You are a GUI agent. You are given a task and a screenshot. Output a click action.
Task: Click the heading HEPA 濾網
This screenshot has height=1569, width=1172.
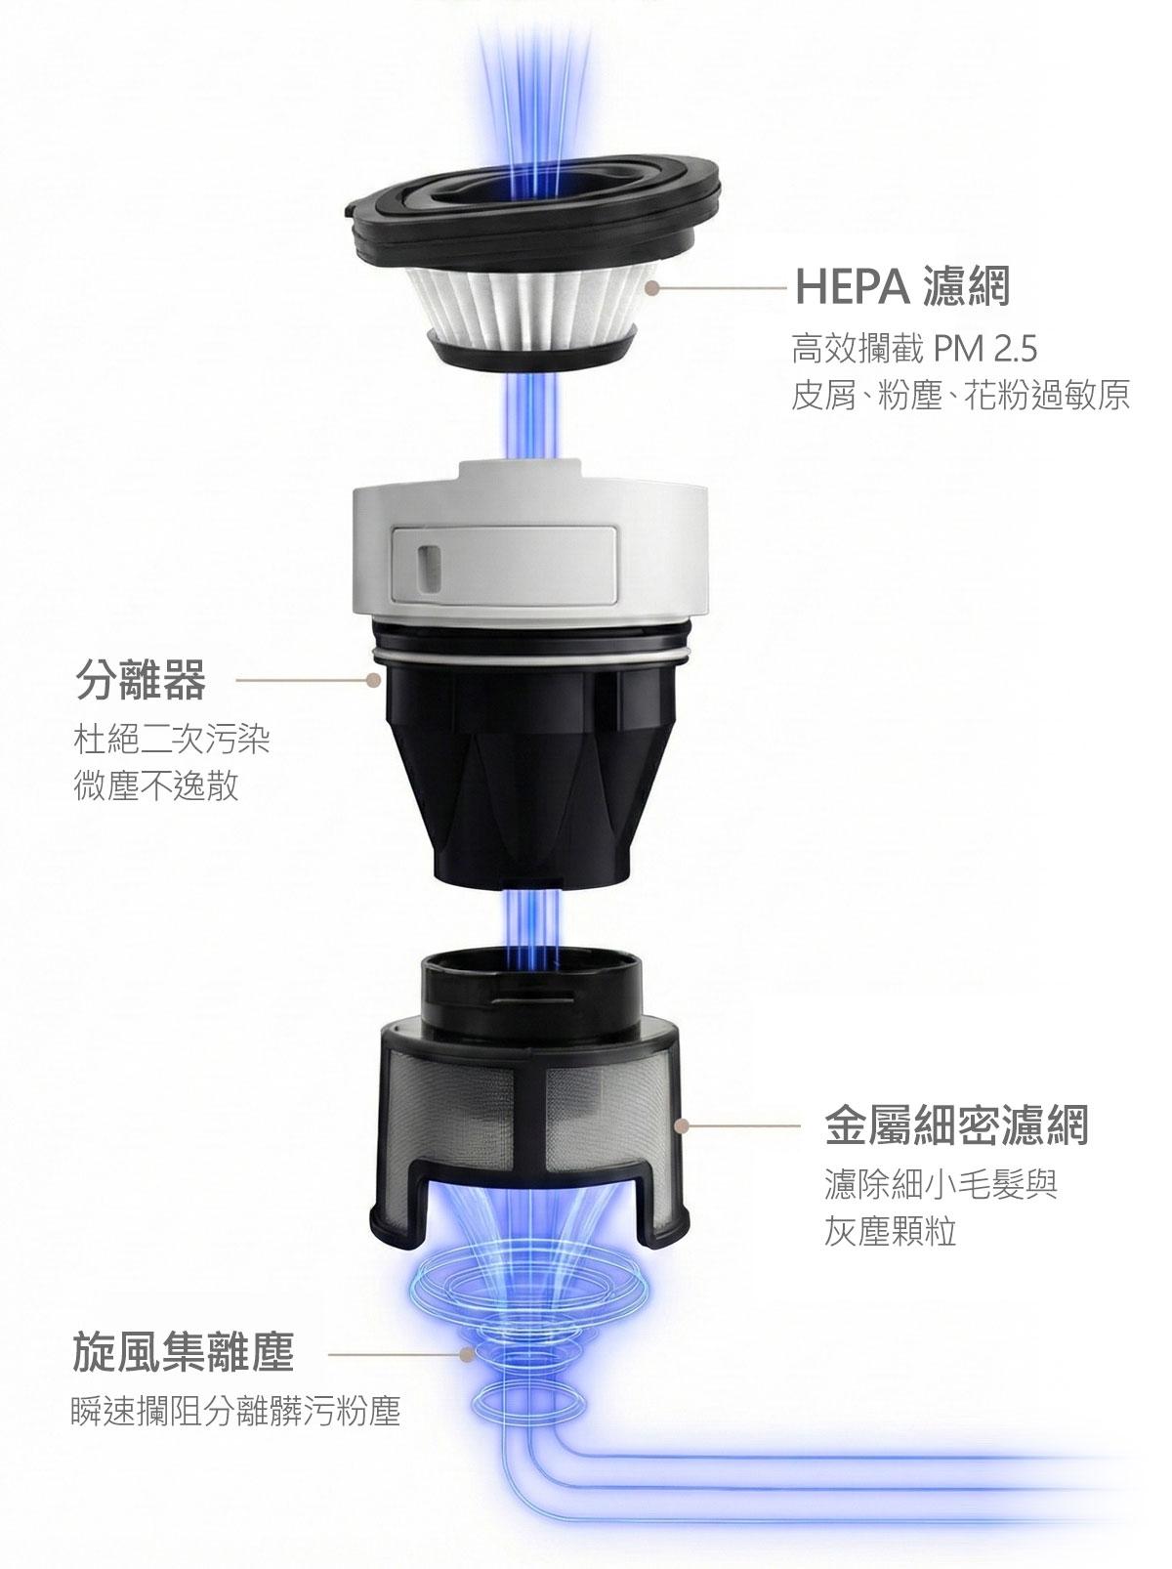[902, 286]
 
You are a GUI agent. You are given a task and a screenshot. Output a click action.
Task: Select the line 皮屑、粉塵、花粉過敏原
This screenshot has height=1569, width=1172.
[960, 396]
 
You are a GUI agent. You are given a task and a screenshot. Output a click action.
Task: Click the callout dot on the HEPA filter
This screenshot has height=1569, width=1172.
[651, 287]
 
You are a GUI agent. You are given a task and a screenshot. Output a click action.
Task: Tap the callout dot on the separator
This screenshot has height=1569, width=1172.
[371, 680]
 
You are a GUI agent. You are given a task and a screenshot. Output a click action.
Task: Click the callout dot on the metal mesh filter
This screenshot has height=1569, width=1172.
[683, 1125]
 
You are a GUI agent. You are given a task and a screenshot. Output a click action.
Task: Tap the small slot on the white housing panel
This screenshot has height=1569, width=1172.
[428, 562]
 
